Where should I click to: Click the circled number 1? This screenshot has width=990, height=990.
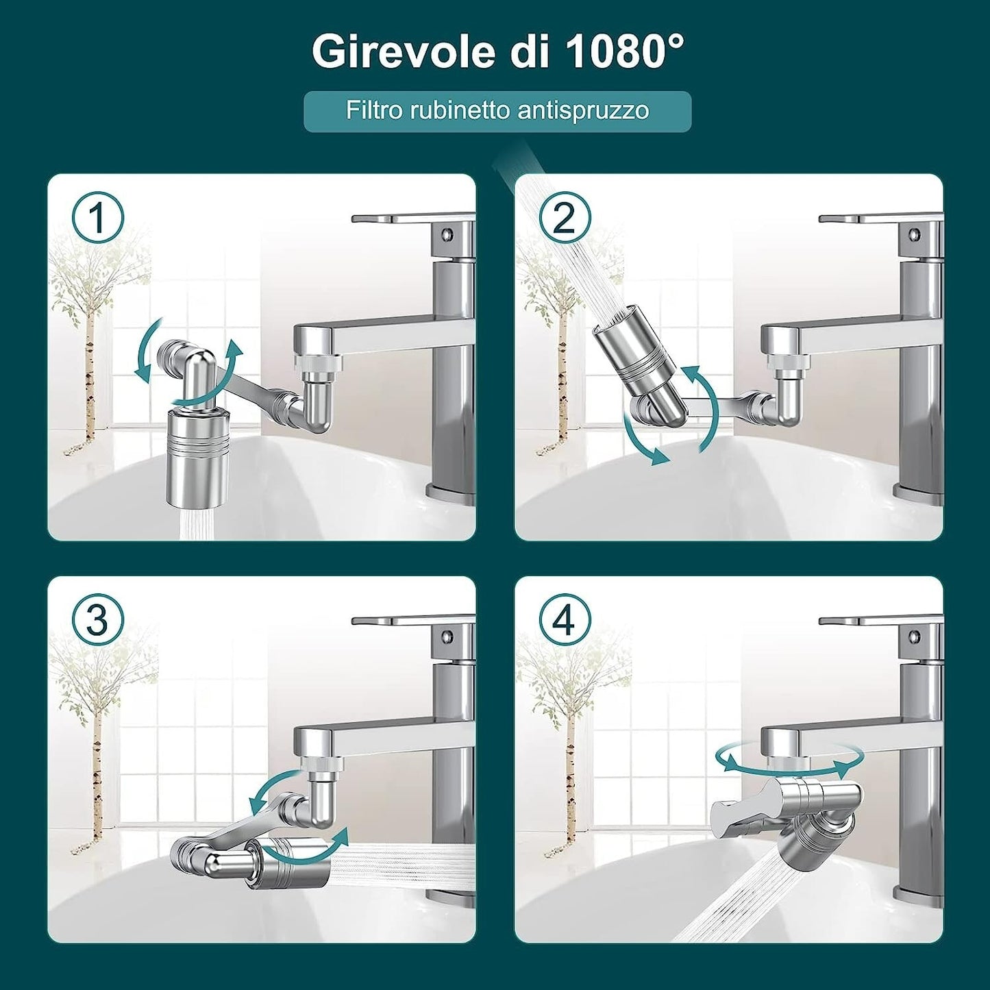pos(97,218)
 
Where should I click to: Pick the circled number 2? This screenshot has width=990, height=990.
pos(565,218)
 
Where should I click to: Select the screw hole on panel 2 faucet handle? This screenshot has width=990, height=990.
pos(914,234)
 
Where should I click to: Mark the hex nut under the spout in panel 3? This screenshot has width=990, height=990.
pos(317,763)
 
